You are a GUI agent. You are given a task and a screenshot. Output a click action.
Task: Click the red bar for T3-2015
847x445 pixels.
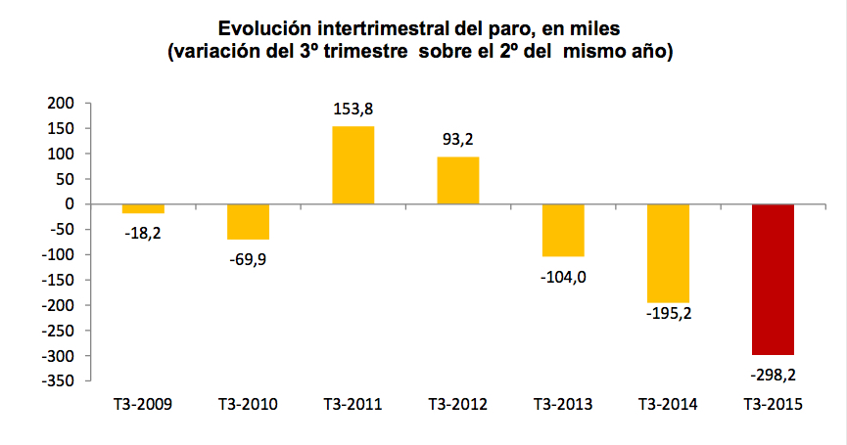(x=773, y=279)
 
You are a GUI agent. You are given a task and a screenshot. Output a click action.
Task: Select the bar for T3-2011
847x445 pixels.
(x=353, y=165)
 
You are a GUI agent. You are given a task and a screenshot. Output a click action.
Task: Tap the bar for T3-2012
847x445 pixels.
(x=457, y=181)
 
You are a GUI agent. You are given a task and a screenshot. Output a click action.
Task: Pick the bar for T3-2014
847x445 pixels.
(x=668, y=253)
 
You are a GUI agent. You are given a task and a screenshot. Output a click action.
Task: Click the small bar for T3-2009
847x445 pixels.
(x=143, y=208)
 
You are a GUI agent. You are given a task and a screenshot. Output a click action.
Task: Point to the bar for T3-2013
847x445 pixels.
(x=562, y=231)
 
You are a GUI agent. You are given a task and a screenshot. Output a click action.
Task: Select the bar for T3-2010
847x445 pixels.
(x=248, y=222)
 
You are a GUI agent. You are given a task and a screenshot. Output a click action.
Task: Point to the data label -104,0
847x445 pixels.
(x=562, y=277)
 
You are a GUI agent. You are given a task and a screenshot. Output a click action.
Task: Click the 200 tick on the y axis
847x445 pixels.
(x=62, y=103)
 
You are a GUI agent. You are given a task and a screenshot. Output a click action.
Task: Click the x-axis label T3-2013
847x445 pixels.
(x=562, y=404)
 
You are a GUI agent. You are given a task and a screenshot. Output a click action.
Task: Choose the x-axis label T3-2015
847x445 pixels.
(x=773, y=404)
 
